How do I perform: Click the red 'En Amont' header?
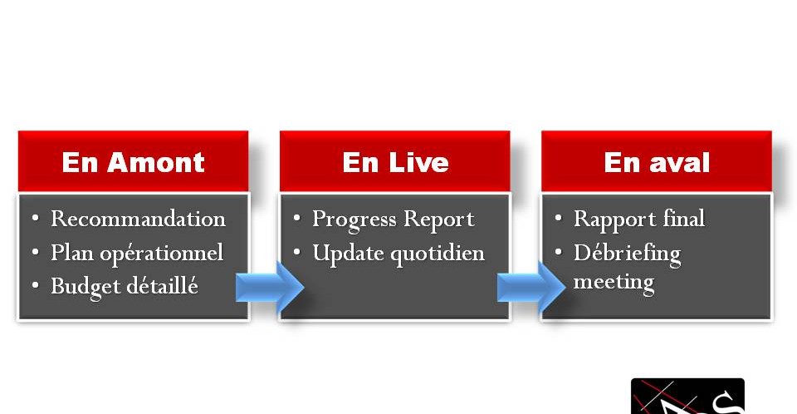coord(133,161)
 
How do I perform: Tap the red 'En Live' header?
coord(395,161)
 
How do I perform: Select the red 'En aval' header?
coord(657,161)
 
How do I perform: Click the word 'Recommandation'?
coord(139,219)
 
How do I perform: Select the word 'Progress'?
coord(354,220)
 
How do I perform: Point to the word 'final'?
coord(684,219)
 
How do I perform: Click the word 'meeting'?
coord(614,283)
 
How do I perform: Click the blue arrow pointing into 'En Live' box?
coord(270,287)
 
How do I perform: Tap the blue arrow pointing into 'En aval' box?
coord(531,287)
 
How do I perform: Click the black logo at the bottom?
coord(687,397)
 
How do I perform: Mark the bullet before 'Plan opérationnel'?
coord(35,252)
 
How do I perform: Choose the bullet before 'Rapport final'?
coord(558,218)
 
